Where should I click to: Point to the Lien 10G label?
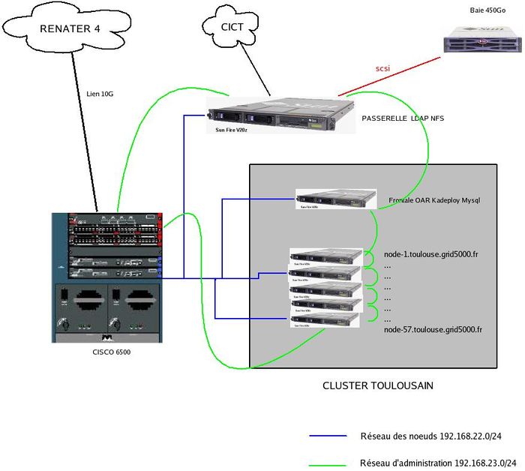(x=100, y=95)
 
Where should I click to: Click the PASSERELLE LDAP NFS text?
(x=403, y=118)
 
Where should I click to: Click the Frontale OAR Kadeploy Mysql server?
(x=335, y=199)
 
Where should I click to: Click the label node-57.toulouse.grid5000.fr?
(x=432, y=329)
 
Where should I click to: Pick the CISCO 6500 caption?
(x=106, y=352)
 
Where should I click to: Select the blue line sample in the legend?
(x=328, y=436)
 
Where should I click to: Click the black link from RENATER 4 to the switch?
(x=84, y=127)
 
